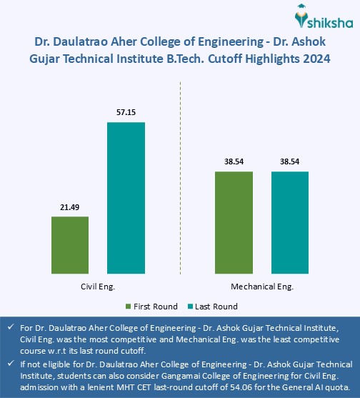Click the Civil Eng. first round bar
click(70, 244)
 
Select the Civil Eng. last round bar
click(126, 197)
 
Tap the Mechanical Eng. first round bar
click(234, 222)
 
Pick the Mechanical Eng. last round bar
click(289, 222)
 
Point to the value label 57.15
click(126, 112)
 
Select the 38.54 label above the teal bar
click(289, 161)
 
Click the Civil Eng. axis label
click(98, 286)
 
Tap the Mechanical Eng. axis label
click(261, 286)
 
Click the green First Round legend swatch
click(129, 307)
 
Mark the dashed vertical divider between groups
click(180, 179)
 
